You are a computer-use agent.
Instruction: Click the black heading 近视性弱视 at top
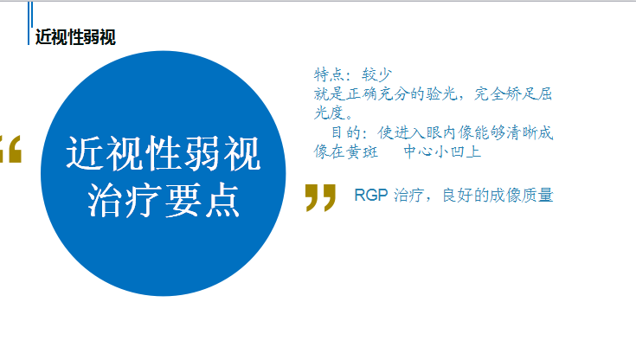point(75,37)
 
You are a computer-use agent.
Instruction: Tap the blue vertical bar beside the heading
point(29,22)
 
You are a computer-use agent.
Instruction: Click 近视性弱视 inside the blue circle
point(163,154)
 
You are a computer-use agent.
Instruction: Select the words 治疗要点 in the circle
point(163,200)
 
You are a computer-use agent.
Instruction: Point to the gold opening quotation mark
point(10,149)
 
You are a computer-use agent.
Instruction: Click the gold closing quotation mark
point(320,197)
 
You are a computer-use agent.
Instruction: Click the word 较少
point(377,74)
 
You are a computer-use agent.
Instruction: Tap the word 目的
point(345,132)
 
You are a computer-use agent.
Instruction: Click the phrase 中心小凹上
point(442,151)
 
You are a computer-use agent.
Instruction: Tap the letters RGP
point(371,196)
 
